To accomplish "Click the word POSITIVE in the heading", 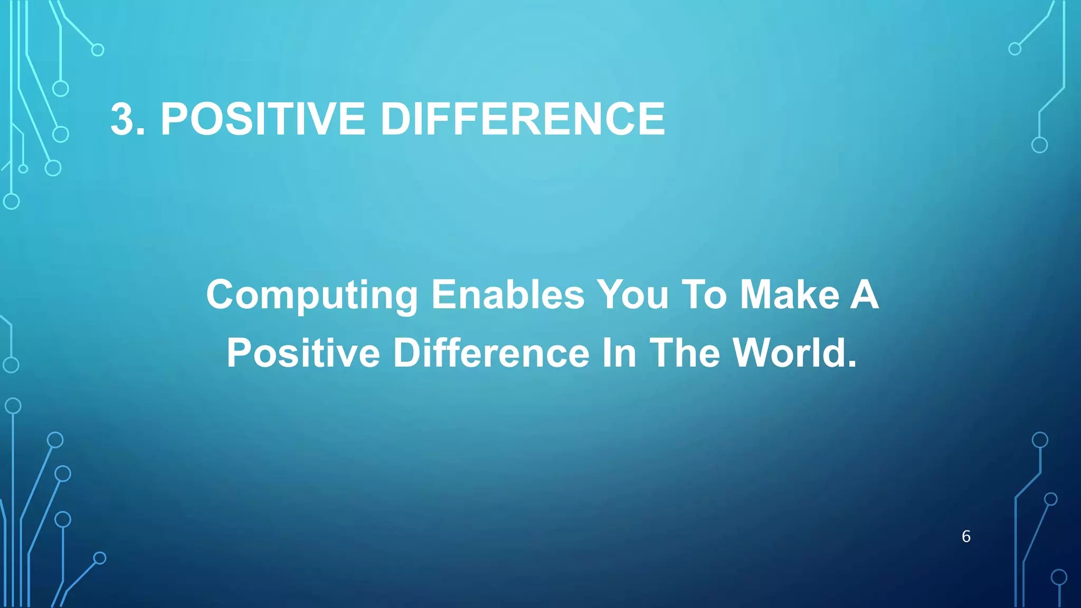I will pos(263,119).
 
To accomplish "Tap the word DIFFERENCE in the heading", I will pos(522,119).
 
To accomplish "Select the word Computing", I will pos(312,296).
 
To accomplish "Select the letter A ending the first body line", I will pos(865,294).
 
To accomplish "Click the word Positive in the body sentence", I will pos(303,353).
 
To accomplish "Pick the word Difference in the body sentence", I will pos(491,353).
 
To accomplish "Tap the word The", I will pos(685,353).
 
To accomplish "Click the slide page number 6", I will pos(966,536).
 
